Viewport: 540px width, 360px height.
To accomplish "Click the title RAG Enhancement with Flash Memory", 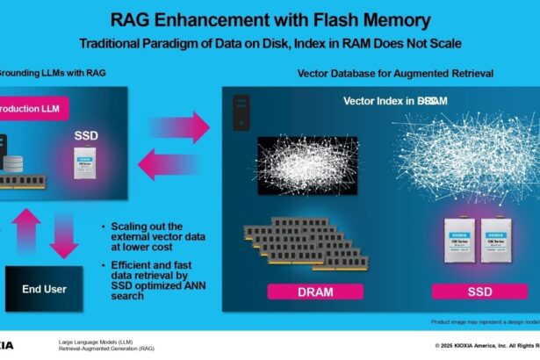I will pos(270,19).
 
